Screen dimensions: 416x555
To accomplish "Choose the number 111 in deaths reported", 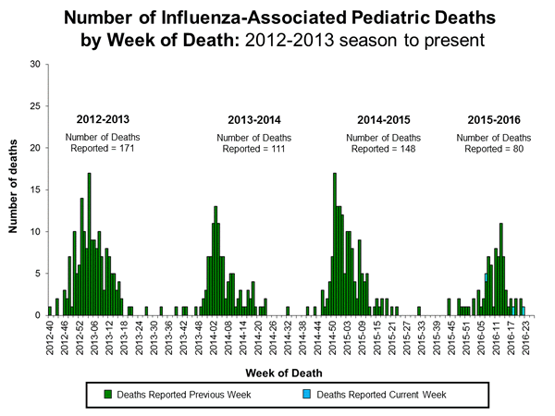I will tap(275, 149).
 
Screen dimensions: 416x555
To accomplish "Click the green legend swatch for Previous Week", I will tap(109, 394).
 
